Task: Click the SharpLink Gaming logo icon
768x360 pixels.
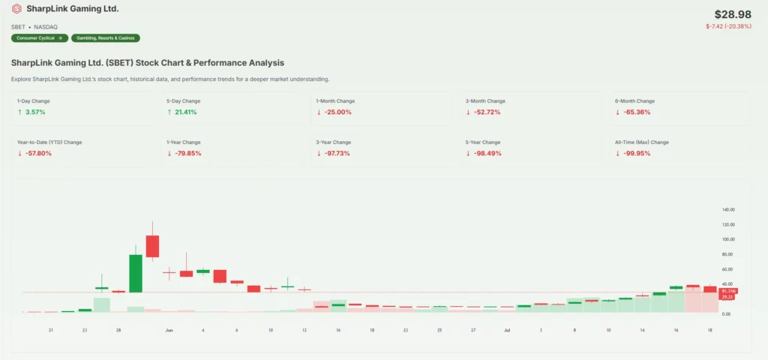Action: tap(16, 9)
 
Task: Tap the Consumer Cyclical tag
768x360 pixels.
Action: tap(40, 37)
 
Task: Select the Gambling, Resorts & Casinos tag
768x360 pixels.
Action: tap(106, 37)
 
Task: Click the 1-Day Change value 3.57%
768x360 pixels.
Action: tap(35, 112)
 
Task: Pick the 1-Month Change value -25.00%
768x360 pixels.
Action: tap(334, 112)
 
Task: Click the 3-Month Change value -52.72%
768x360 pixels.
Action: tap(484, 112)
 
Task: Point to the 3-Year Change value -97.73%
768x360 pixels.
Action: tap(334, 153)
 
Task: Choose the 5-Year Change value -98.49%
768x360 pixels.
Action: tap(484, 153)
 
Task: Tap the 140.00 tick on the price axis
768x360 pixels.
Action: tap(727, 209)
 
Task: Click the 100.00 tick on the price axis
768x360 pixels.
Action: tap(727, 239)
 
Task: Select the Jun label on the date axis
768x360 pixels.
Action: tap(169, 330)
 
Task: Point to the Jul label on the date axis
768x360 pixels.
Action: tap(507, 330)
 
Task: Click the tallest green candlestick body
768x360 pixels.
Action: tap(136, 273)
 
